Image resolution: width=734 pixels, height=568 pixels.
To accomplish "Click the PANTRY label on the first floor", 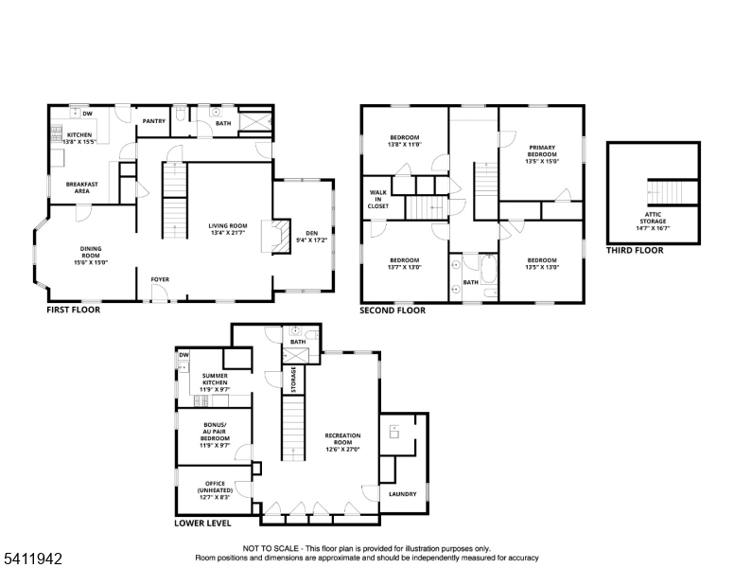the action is tap(154, 121).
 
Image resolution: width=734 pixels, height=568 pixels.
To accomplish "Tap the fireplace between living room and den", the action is tap(276, 237).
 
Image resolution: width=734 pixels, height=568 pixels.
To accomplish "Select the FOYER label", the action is tap(160, 279).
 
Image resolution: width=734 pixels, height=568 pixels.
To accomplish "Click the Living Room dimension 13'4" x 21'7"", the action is tap(228, 233).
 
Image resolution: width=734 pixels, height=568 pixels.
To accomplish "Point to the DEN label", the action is tap(312, 233).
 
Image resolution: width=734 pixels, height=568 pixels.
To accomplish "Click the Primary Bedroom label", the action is tap(542, 151).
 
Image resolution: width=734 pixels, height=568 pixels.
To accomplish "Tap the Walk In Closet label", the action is tap(378, 199).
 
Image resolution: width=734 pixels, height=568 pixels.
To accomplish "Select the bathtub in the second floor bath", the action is tap(488, 269).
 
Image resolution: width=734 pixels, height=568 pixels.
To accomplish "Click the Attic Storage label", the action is tap(653, 218).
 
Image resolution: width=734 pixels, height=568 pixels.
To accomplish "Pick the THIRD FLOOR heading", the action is tap(635, 250).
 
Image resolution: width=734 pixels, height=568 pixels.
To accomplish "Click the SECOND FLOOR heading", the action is tap(393, 311).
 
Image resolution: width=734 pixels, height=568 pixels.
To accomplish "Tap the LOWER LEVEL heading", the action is tap(202, 523).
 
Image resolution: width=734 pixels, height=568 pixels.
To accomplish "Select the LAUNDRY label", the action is tap(403, 494).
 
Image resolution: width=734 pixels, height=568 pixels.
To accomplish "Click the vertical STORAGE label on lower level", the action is tap(293, 380).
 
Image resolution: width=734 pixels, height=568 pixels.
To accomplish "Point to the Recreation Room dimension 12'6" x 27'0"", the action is tap(343, 450).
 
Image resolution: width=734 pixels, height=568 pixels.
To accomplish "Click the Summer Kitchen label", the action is tap(215, 379).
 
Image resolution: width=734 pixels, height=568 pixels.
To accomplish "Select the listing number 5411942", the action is tap(33, 559).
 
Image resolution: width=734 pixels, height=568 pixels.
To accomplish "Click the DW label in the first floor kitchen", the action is tap(88, 114).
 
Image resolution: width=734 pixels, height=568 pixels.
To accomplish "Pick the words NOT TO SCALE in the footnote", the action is tap(271, 548).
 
